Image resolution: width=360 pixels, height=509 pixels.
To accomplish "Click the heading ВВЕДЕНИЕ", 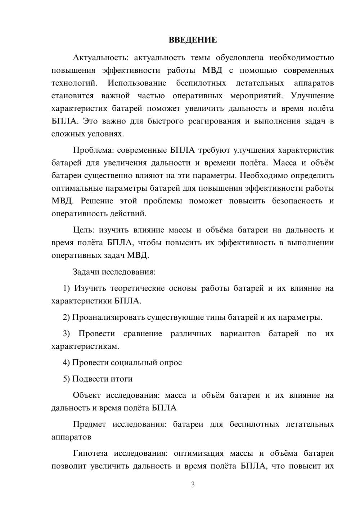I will [x=193, y=40].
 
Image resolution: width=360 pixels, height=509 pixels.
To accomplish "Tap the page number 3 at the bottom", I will [x=193, y=485].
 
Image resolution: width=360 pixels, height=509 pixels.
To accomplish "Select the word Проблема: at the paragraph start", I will [x=93, y=150].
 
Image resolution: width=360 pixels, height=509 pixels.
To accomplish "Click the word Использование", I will [x=137, y=83].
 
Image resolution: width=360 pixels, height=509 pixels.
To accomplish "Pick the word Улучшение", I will [x=312, y=96].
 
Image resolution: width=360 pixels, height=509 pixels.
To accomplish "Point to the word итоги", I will [x=123, y=379].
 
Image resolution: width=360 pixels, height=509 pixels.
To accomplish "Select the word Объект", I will [x=87, y=395].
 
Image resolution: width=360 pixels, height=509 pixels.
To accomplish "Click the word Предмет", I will [x=89, y=424].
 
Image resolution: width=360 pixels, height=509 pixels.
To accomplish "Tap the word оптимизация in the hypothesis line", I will [x=199, y=453].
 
